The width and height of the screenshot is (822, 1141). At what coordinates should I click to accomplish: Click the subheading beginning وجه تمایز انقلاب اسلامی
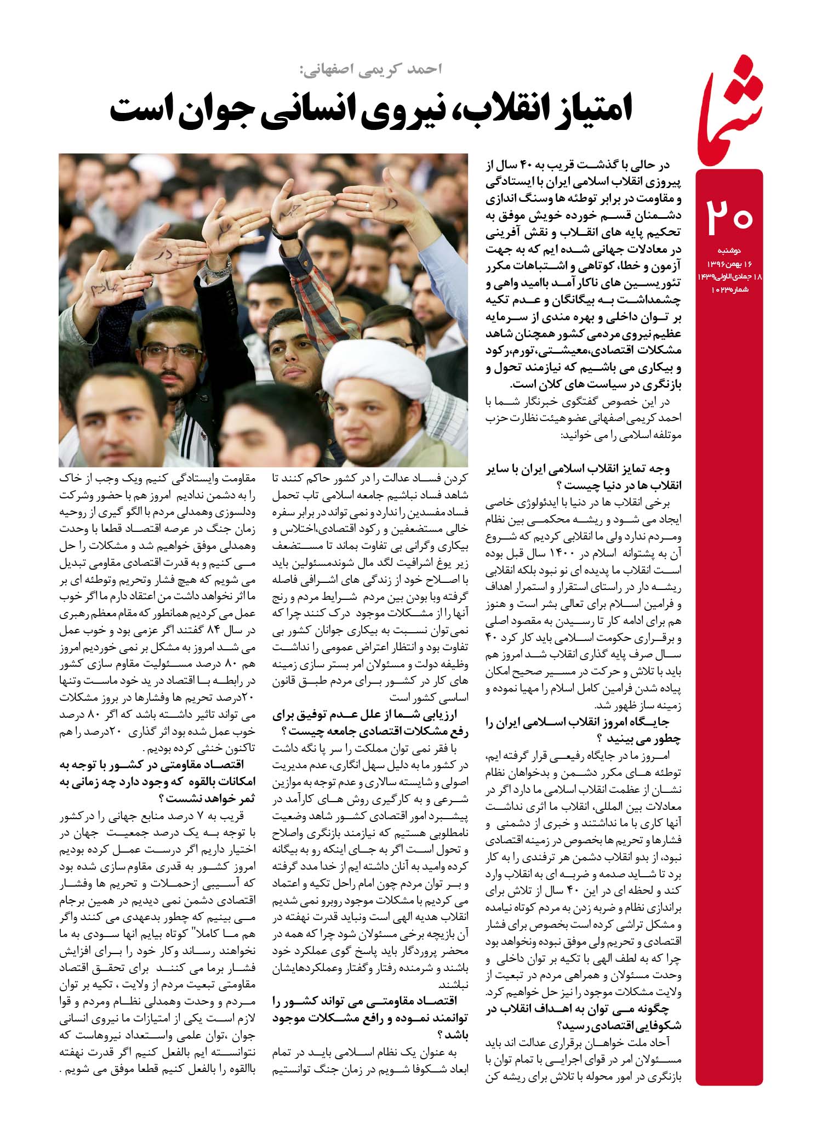(x=584, y=477)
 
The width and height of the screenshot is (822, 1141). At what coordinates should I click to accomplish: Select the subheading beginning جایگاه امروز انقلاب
(x=584, y=731)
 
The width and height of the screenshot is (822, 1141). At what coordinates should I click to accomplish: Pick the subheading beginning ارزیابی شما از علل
(x=370, y=722)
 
